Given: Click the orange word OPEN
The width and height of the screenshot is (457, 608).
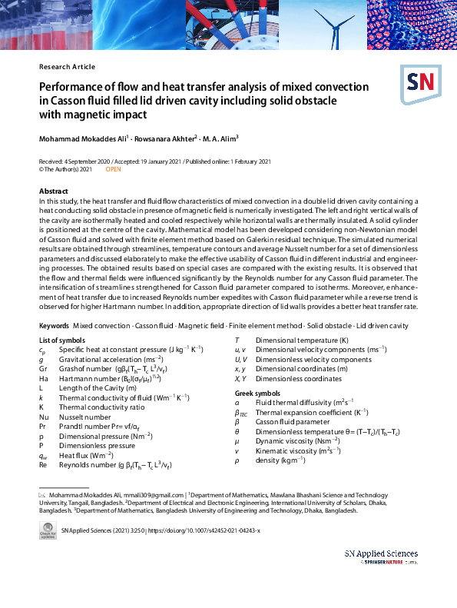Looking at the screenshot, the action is (114, 169).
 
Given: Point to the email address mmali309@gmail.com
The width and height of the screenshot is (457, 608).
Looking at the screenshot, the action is (157, 495).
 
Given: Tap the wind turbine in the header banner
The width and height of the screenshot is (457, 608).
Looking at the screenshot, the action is (333, 23).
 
